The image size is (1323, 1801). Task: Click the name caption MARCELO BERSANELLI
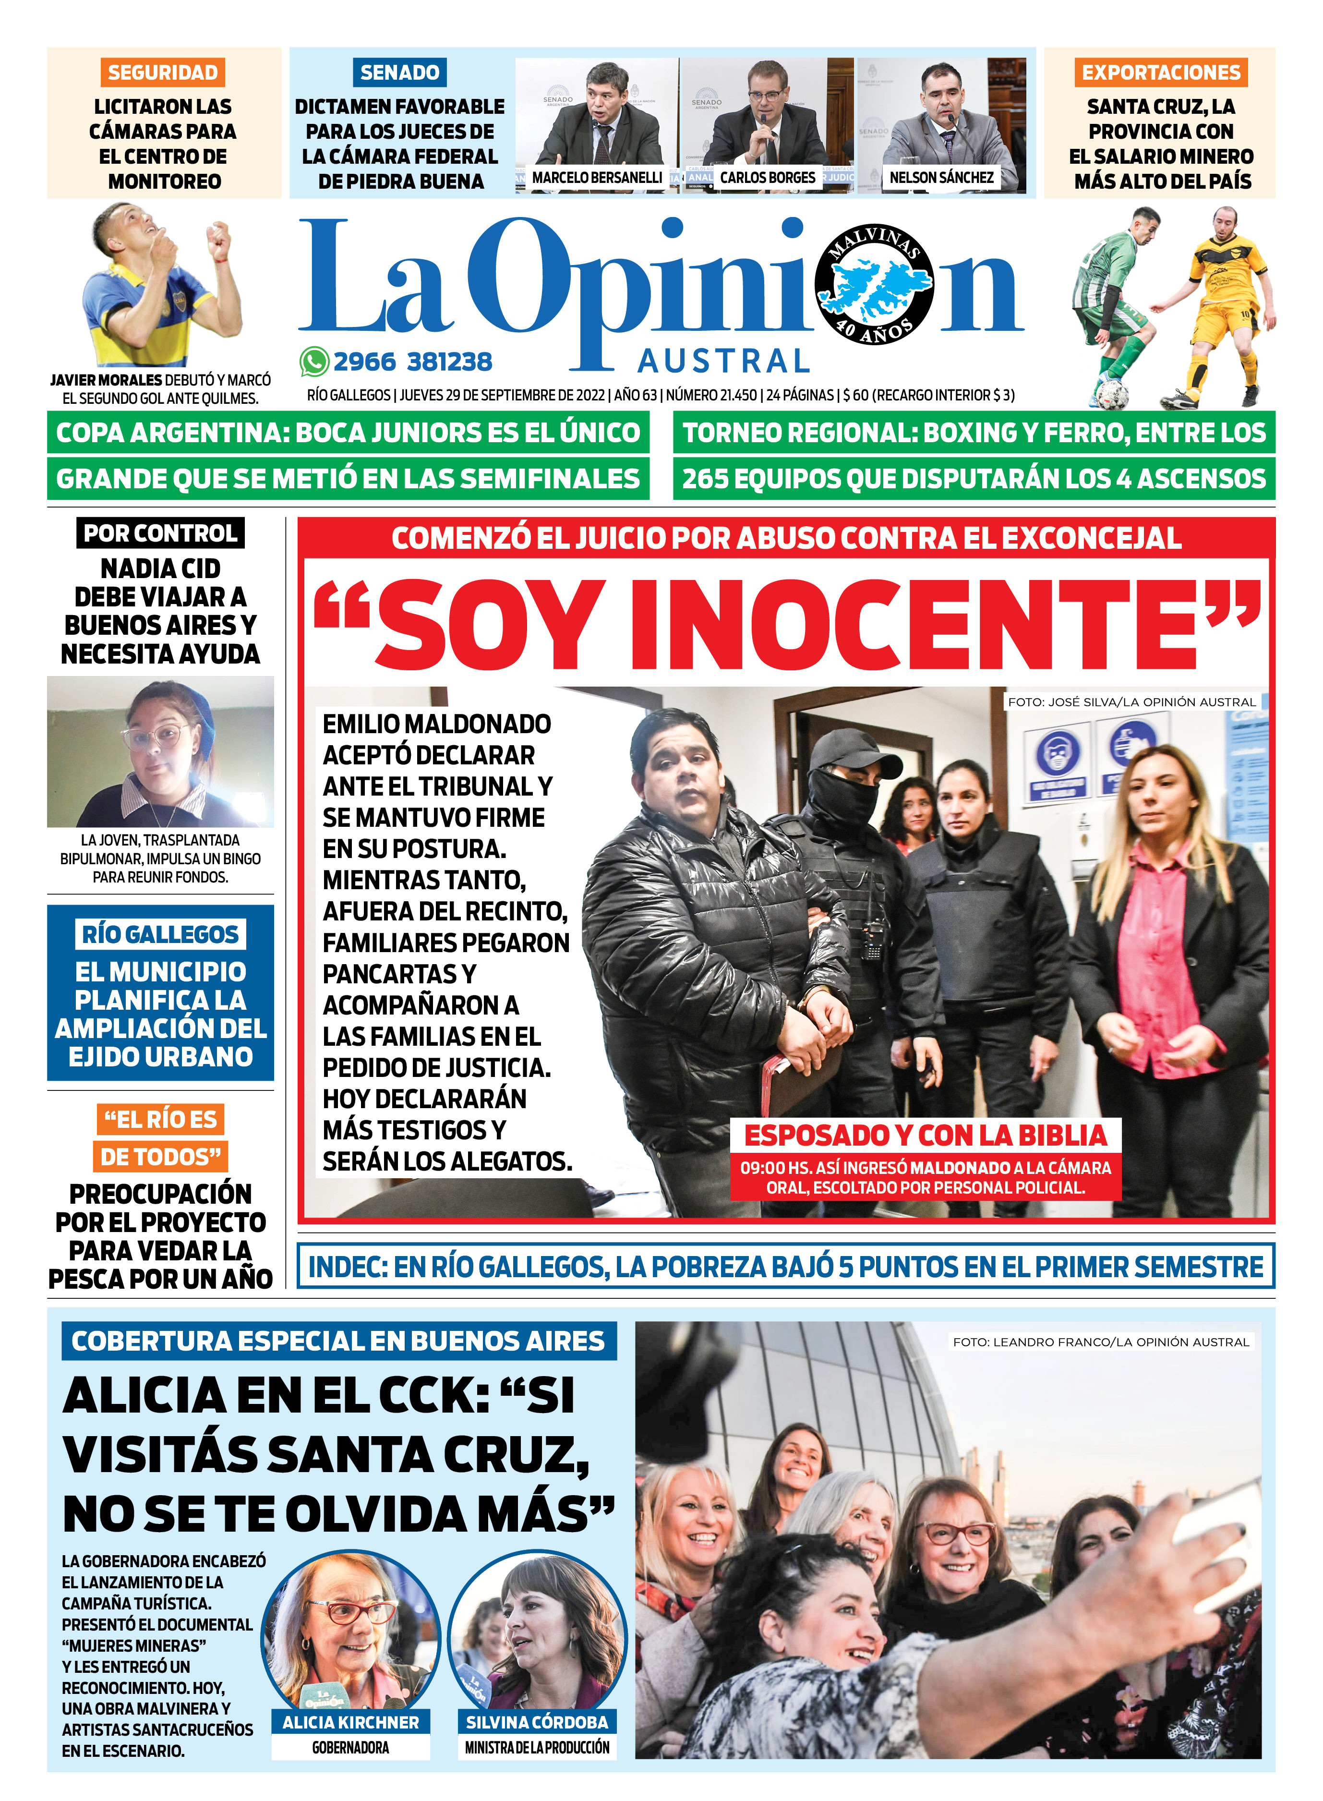tap(597, 178)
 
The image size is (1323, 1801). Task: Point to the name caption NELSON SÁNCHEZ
tap(941, 178)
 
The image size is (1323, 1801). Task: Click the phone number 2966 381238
tap(412, 362)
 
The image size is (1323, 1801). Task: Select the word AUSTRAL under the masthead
tap(723, 361)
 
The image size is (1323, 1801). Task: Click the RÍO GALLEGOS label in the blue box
tap(160, 934)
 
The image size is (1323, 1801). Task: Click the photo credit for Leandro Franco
tap(1100, 1342)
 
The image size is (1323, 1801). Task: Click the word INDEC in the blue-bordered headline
tap(346, 1268)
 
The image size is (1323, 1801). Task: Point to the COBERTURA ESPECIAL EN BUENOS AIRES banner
tap(338, 1342)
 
